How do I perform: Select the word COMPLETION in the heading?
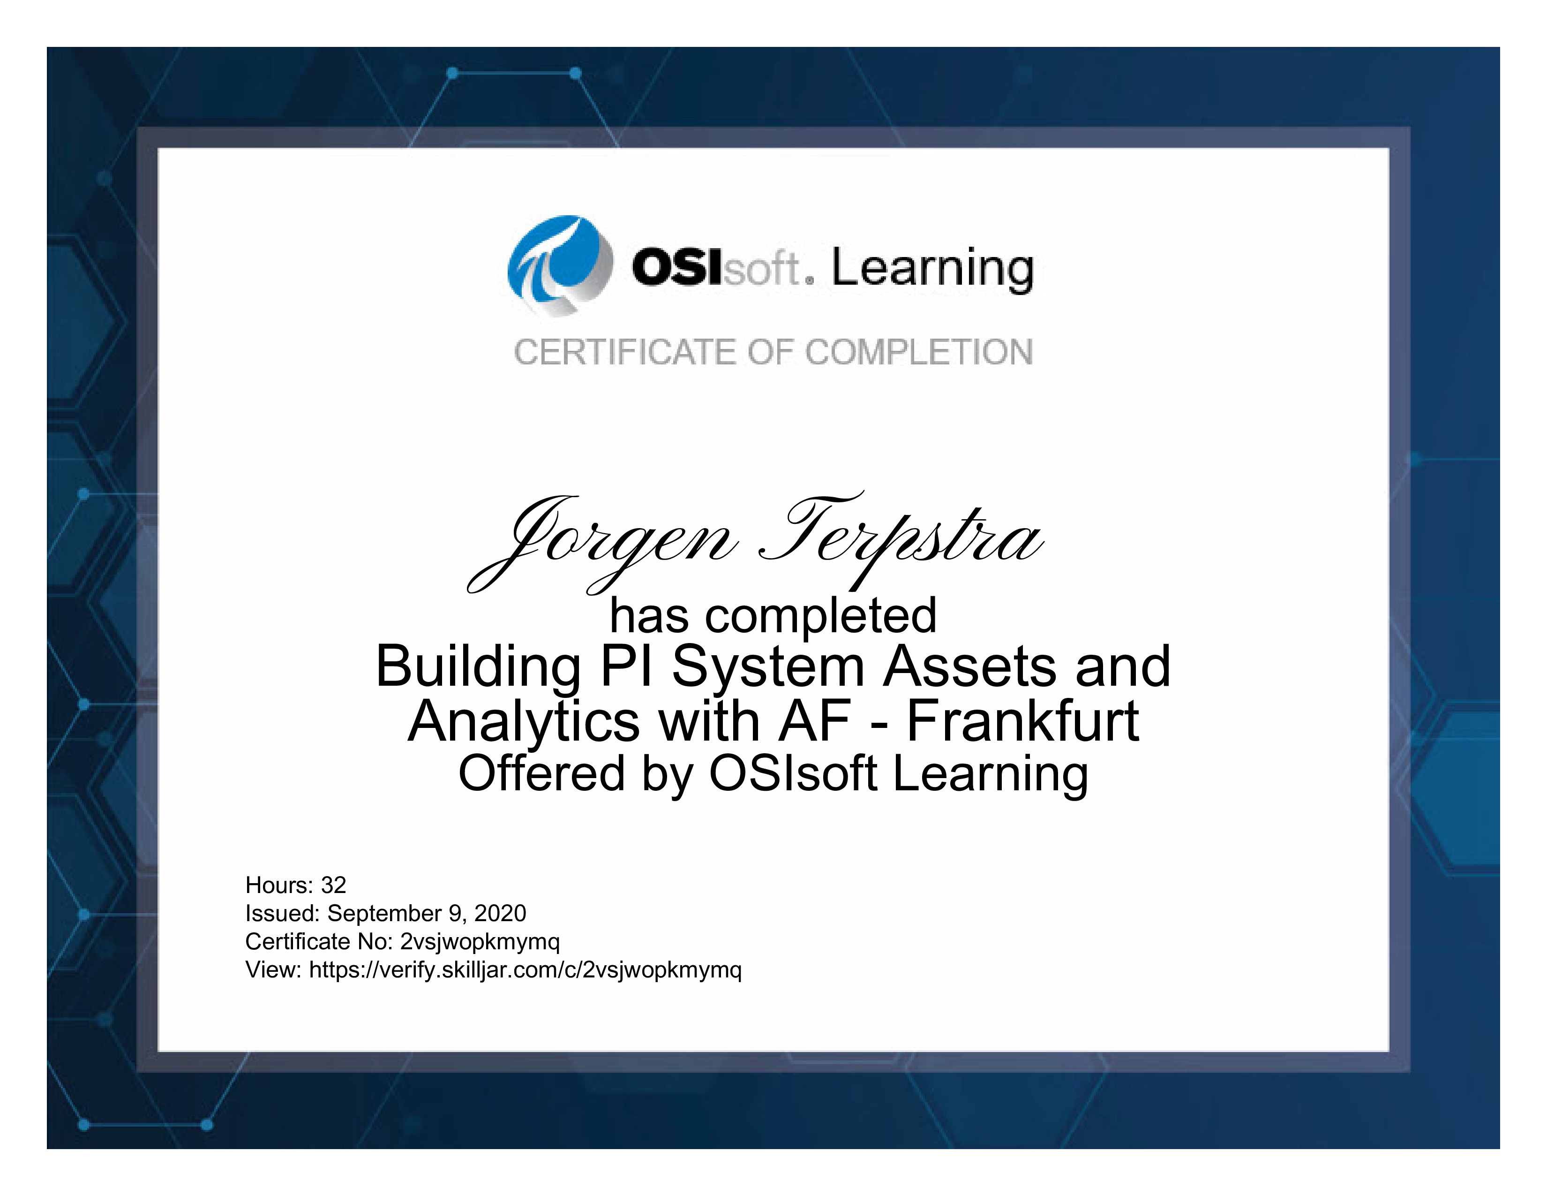[919, 352]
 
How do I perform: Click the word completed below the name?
[821, 616]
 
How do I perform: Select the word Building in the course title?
[479, 667]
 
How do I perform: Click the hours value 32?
[334, 885]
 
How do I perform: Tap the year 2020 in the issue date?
[500, 913]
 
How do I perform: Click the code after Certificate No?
[480, 942]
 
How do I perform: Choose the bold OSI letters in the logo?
[677, 267]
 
